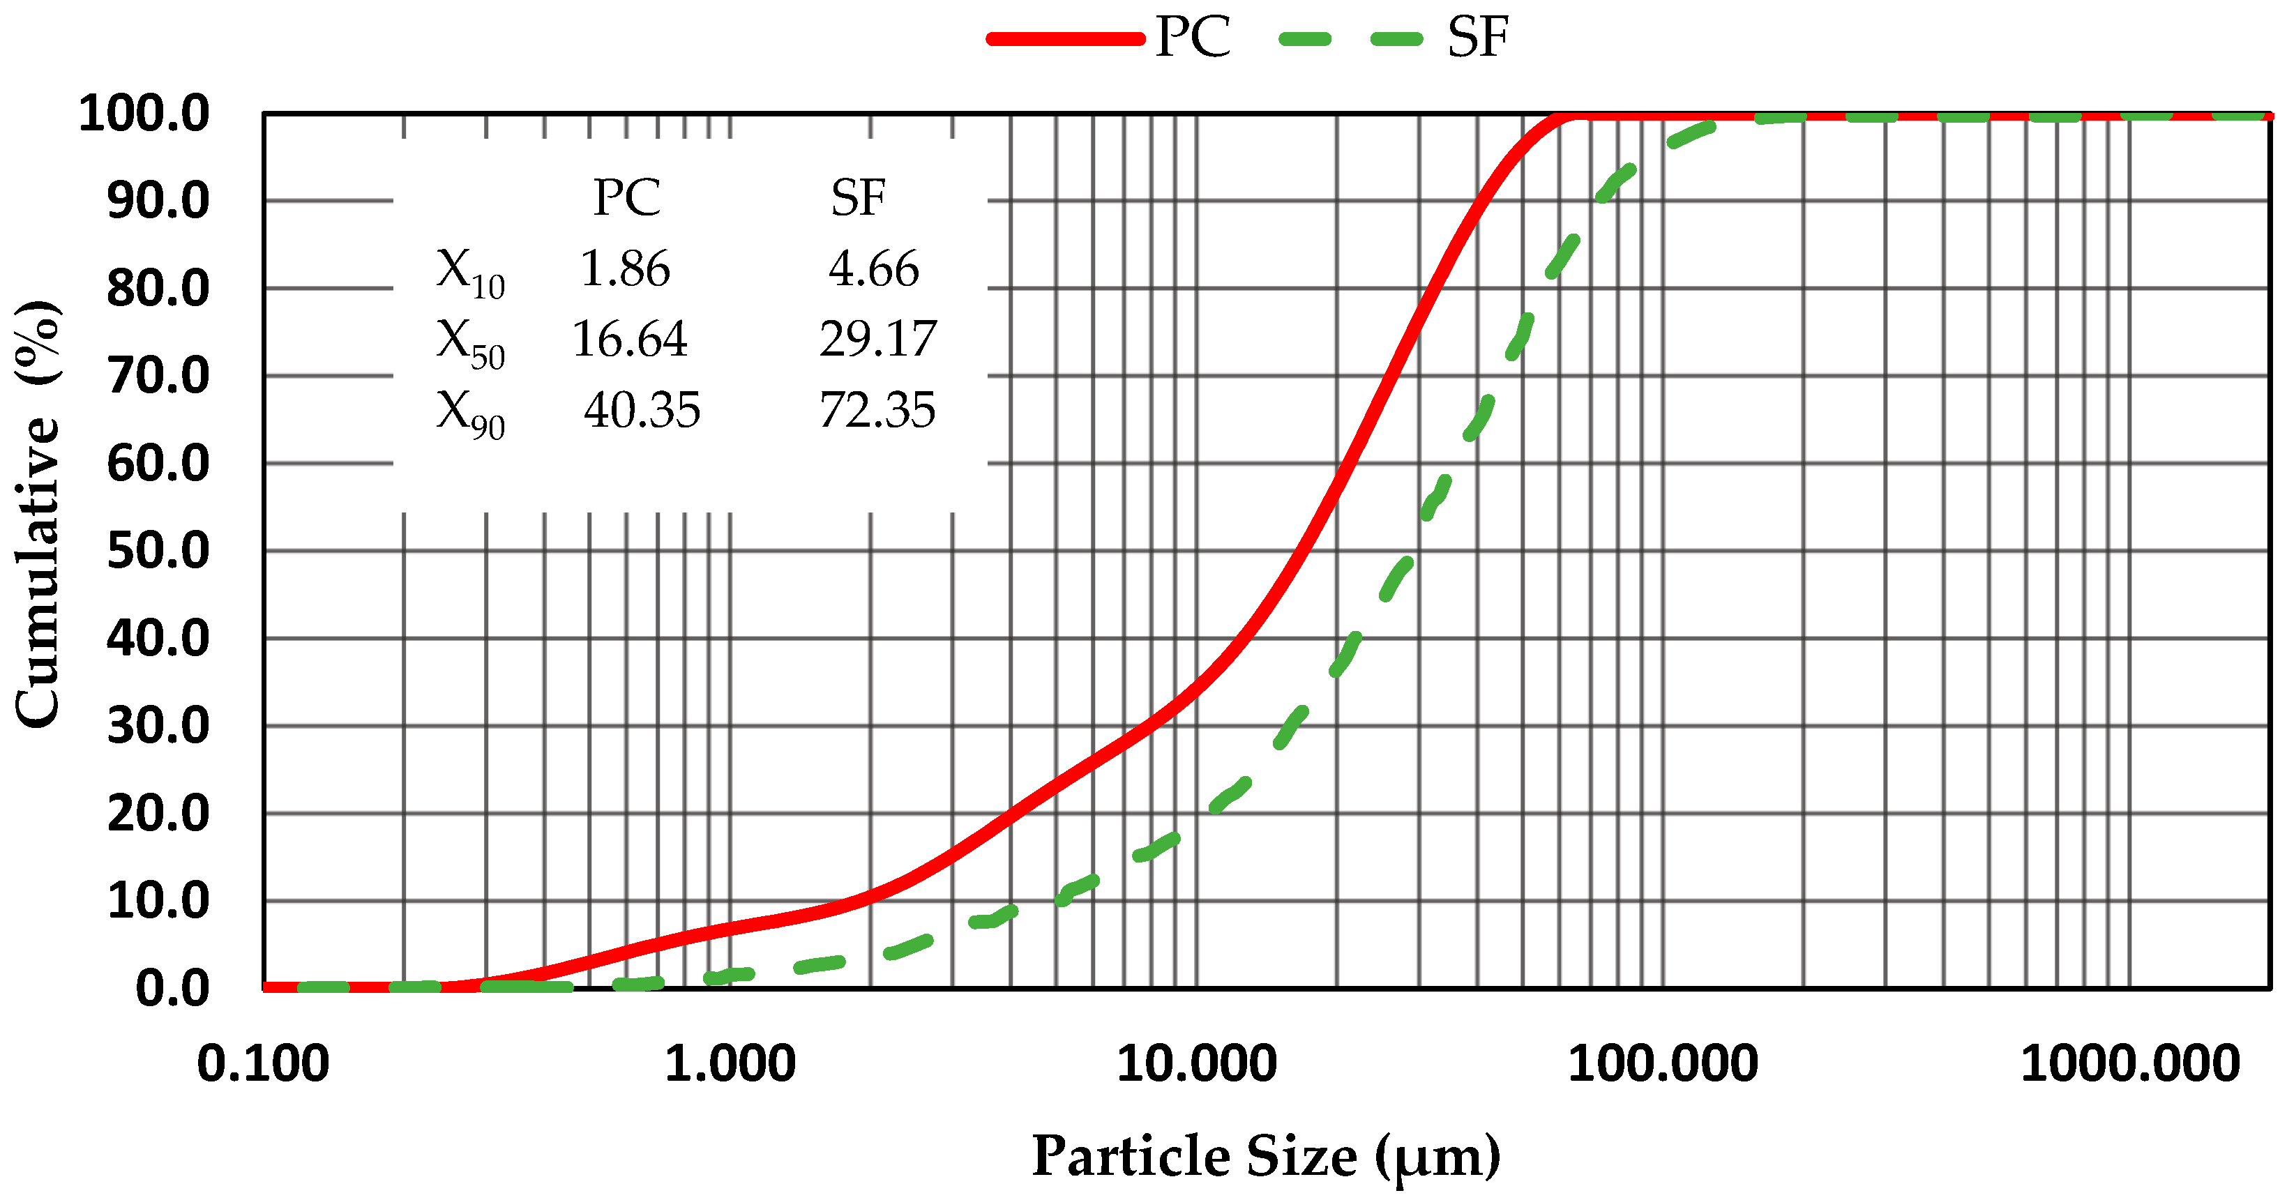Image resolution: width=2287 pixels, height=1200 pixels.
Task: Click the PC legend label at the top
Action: (1193, 38)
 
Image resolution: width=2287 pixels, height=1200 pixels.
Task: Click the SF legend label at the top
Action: (1477, 38)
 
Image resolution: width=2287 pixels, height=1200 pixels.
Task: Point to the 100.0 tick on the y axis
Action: (144, 114)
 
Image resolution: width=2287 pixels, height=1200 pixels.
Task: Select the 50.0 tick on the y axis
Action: (158, 550)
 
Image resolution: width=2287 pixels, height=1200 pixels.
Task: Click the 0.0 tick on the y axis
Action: (172, 988)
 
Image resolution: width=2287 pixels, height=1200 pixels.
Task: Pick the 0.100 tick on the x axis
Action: (263, 1063)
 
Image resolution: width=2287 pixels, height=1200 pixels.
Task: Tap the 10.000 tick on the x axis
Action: (1196, 1063)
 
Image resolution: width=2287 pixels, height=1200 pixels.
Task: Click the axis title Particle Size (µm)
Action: (1266, 1157)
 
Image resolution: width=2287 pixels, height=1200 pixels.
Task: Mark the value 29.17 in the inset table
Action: (877, 339)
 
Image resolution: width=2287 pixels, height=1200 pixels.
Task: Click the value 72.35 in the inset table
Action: (877, 410)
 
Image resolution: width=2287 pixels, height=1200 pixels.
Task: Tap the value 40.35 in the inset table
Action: (642, 410)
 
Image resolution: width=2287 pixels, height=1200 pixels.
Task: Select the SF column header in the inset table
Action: (858, 197)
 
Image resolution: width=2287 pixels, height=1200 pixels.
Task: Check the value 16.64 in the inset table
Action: (629, 339)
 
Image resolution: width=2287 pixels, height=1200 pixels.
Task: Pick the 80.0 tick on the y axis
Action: (158, 289)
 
